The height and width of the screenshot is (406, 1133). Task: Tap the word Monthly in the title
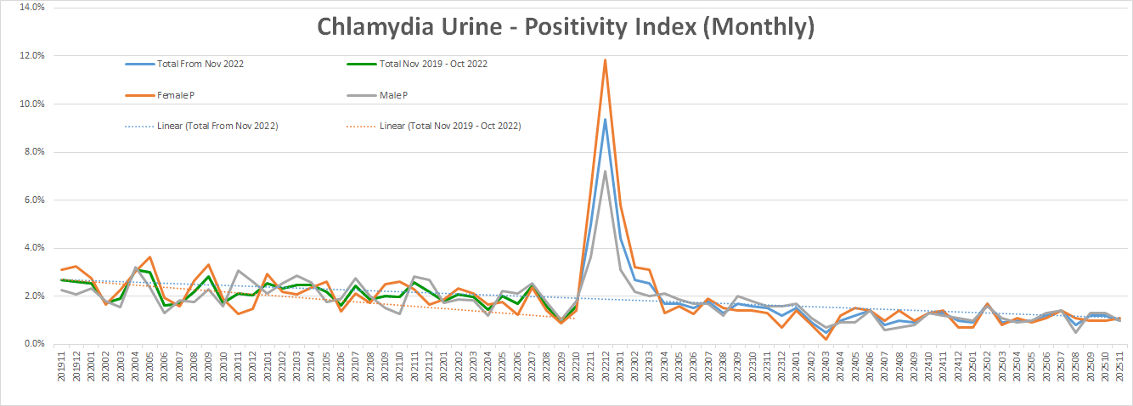click(756, 26)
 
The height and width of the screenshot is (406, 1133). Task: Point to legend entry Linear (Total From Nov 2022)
click(218, 126)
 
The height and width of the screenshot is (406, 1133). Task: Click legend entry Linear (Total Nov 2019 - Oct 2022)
click(450, 126)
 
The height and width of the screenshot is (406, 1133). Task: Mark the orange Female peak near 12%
click(605, 59)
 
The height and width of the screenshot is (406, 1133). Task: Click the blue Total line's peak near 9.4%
click(605, 119)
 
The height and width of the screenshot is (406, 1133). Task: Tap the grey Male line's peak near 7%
click(605, 172)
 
